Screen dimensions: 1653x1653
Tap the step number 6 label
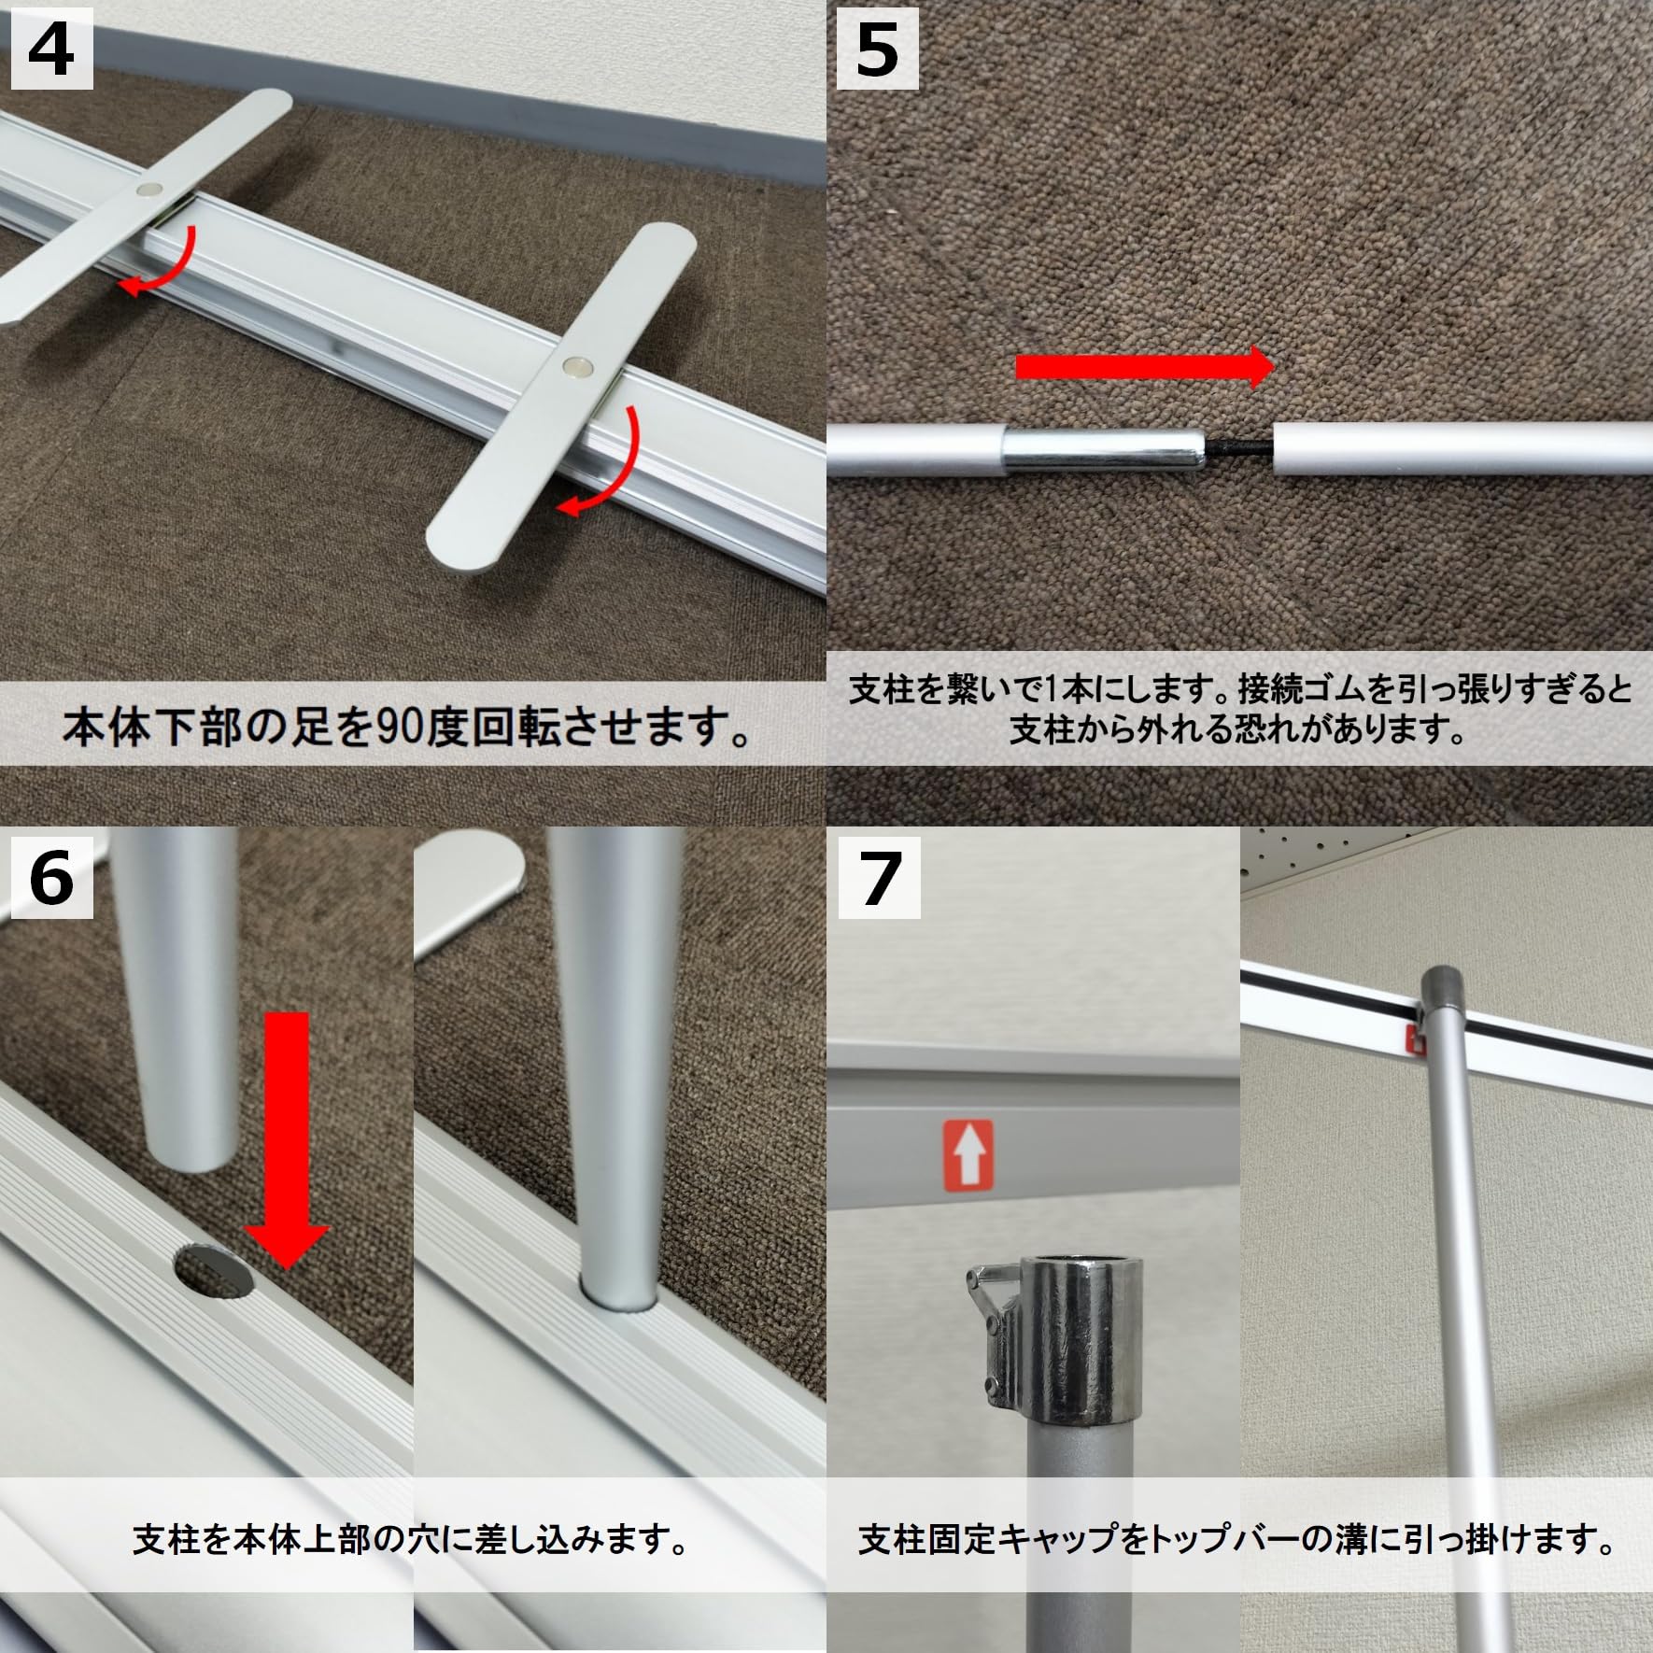[50, 878]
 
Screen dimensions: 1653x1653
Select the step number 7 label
[878, 878]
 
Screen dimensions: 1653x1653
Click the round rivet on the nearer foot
[578, 367]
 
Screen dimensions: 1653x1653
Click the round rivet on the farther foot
[148, 190]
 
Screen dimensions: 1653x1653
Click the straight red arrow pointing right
[1143, 367]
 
